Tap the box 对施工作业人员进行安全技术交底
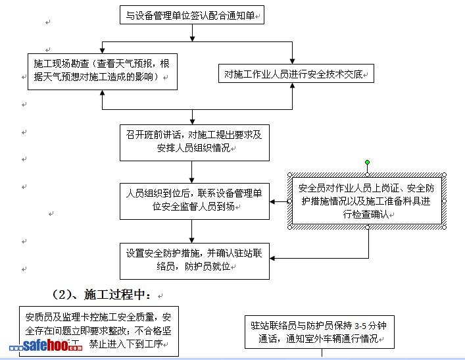[x=296, y=74]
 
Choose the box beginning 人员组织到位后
[x=194, y=200]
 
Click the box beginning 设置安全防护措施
[x=194, y=261]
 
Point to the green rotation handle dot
[x=368, y=162]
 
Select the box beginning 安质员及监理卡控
[x=98, y=329]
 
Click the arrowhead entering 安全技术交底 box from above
[x=293, y=60]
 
